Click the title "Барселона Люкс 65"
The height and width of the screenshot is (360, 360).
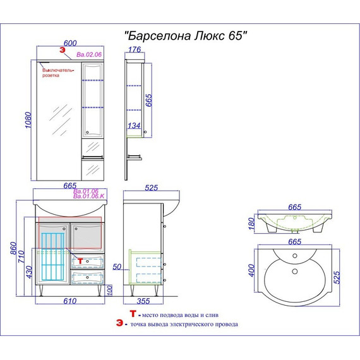(x=183, y=36)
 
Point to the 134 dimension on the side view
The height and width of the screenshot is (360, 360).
(x=134, y=126)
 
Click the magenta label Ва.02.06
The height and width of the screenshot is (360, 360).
(x=88, y=55)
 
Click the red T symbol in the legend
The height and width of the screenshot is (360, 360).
(x=132, y=314)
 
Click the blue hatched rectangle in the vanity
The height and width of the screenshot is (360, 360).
(x=54, y=255)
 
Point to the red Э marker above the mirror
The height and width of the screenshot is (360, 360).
(x=62, y=49)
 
